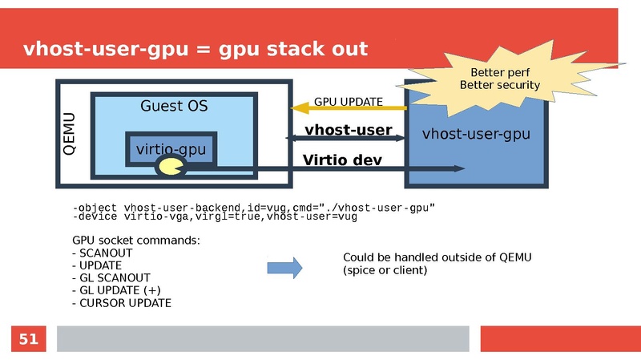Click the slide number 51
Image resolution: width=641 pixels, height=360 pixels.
click(28, 339)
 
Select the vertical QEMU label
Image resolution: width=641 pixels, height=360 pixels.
click(69, 134)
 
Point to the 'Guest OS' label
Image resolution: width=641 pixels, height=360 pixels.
click(174, 106)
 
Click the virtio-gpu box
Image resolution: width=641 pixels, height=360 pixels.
click(171, 149)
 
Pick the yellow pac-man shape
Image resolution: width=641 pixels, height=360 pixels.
click(170, 167)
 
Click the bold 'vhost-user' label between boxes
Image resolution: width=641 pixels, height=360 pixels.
click(348, 130)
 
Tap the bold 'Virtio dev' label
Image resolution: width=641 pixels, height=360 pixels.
click(342, 160)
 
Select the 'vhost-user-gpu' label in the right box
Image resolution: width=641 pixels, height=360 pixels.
click(476, 134)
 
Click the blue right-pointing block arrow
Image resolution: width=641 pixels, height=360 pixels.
click(284, 268)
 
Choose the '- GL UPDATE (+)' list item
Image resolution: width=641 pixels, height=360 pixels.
click(116, 289)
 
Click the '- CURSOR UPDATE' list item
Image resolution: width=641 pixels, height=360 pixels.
click(121, 302)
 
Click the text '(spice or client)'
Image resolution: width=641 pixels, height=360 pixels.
click(385, 270)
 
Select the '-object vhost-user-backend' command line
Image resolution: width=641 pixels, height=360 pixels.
click(253, 208)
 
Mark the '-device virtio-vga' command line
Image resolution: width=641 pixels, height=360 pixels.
click(214, 216)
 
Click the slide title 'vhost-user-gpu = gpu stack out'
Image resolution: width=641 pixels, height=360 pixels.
click(196, 49)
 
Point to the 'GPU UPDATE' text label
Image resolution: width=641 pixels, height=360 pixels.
click(348, 102)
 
